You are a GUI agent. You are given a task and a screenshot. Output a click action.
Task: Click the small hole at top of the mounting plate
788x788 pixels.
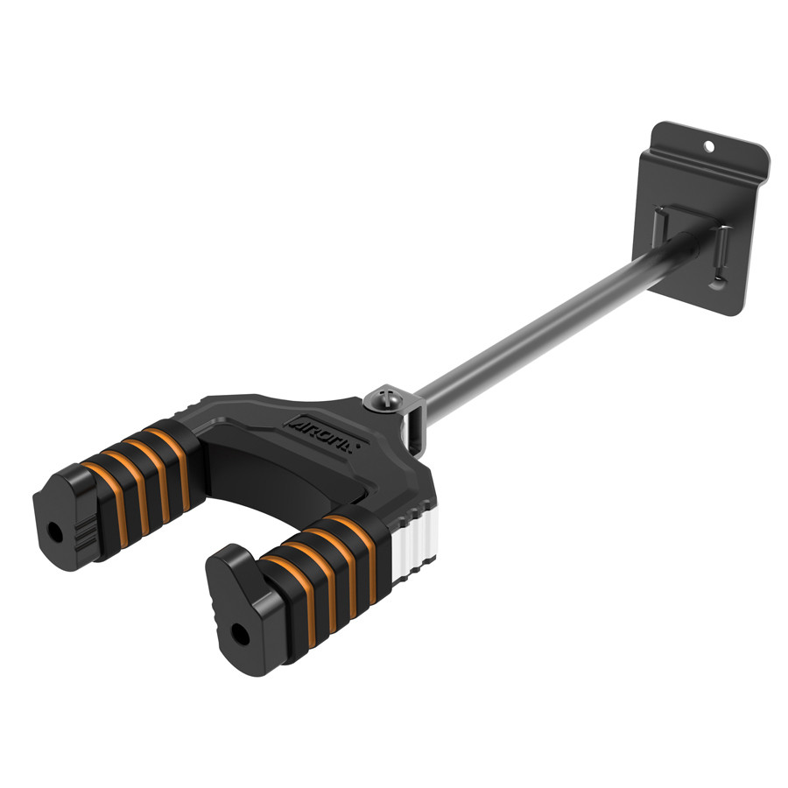tap(710, 141)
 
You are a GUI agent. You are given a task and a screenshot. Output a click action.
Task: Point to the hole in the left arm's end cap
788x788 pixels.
tap(56, 531)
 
